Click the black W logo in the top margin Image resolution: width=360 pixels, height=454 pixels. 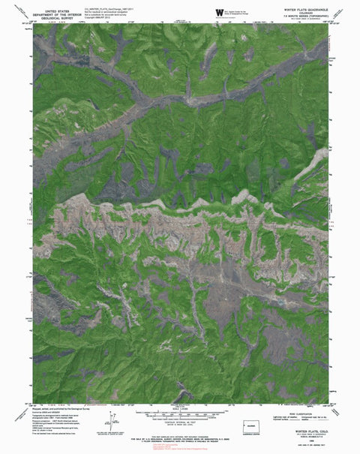coord(220,13)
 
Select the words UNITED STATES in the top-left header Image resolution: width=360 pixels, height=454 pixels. coord(60,7)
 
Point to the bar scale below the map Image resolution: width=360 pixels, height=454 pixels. coord(180,411)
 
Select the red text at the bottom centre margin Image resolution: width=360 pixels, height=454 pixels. coord(180,446)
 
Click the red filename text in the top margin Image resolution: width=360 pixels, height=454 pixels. coord(105,8)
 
